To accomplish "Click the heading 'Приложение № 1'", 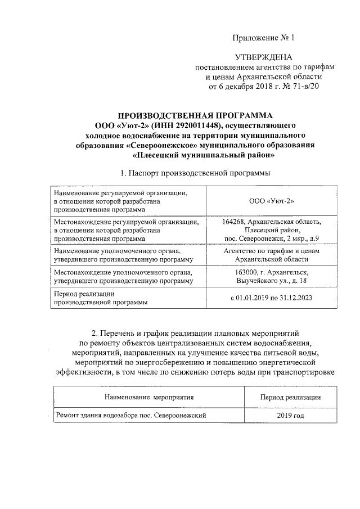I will [x=263, y=38].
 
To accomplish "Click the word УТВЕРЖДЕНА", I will [x=263, y=57].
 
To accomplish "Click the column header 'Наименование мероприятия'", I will [x=148, y=397].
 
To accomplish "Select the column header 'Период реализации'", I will [x=290, y=397].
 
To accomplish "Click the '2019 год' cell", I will [x=290, y=416].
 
